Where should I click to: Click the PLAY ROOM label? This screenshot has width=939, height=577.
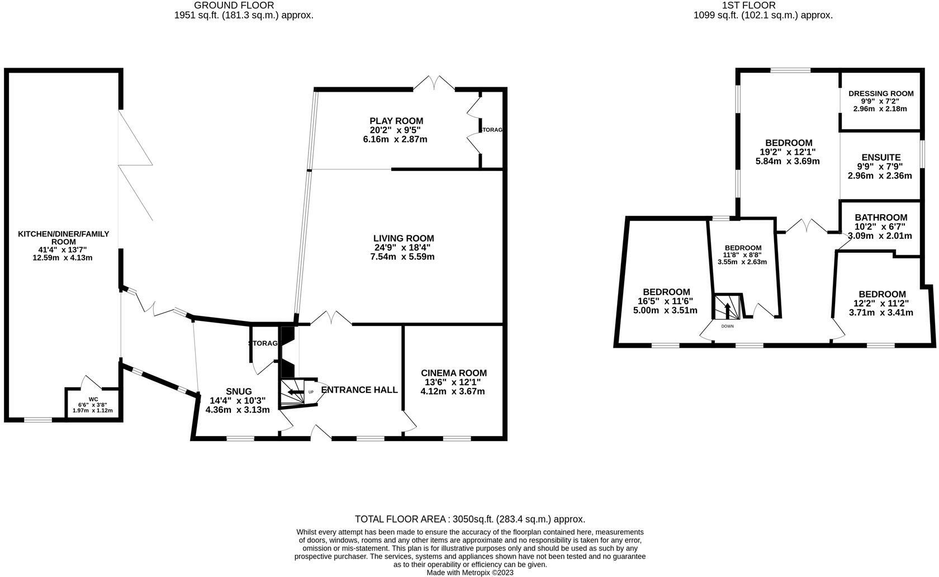(396, 121)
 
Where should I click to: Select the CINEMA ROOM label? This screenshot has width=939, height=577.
(453, 373)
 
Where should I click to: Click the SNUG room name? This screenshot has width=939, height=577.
(239, 391)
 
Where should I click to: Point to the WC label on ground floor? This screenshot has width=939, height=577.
(93, 399)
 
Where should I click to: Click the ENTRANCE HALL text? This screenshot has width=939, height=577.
(359, 390)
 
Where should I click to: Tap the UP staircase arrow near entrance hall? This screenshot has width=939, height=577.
(293, 392)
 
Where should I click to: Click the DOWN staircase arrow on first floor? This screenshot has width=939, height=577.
(727, 309)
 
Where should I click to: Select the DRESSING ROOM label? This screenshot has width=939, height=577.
(880, 93)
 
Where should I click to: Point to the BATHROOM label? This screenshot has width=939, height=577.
(880, 217)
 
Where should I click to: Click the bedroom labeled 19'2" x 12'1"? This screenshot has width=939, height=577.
(789, 143)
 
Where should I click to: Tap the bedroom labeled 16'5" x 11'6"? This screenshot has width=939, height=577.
(666, 292)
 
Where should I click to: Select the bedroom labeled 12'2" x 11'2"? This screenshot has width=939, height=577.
(881, 294)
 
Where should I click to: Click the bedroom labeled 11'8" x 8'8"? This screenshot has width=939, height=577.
(743, 248)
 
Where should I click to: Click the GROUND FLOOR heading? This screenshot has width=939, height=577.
(244, 6)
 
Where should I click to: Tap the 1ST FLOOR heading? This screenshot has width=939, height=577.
(763, 6)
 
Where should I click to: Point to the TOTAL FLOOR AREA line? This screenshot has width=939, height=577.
(469, 519)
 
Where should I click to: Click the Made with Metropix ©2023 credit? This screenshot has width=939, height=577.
(469, 573)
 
